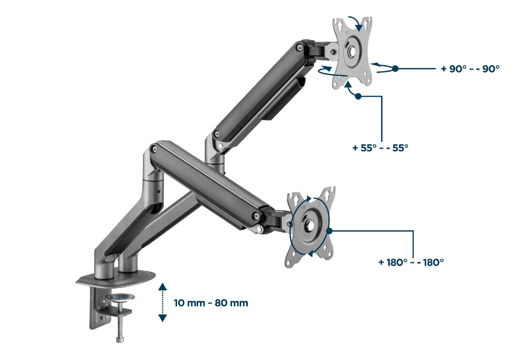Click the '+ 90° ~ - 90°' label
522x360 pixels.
coord(470,69)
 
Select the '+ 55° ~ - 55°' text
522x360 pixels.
coord(380,148)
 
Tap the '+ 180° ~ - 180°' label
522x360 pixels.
coord(411,262)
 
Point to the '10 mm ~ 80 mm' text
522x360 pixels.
coord(211,303)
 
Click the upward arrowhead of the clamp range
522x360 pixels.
coord(162,287)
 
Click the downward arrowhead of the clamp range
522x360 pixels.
coord(162,318)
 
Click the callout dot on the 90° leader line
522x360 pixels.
coord(395,69)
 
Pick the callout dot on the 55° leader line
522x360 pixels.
coord(358,96)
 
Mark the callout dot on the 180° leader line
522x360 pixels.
coord(329,231)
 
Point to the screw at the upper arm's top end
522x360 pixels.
coord(299,48)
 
